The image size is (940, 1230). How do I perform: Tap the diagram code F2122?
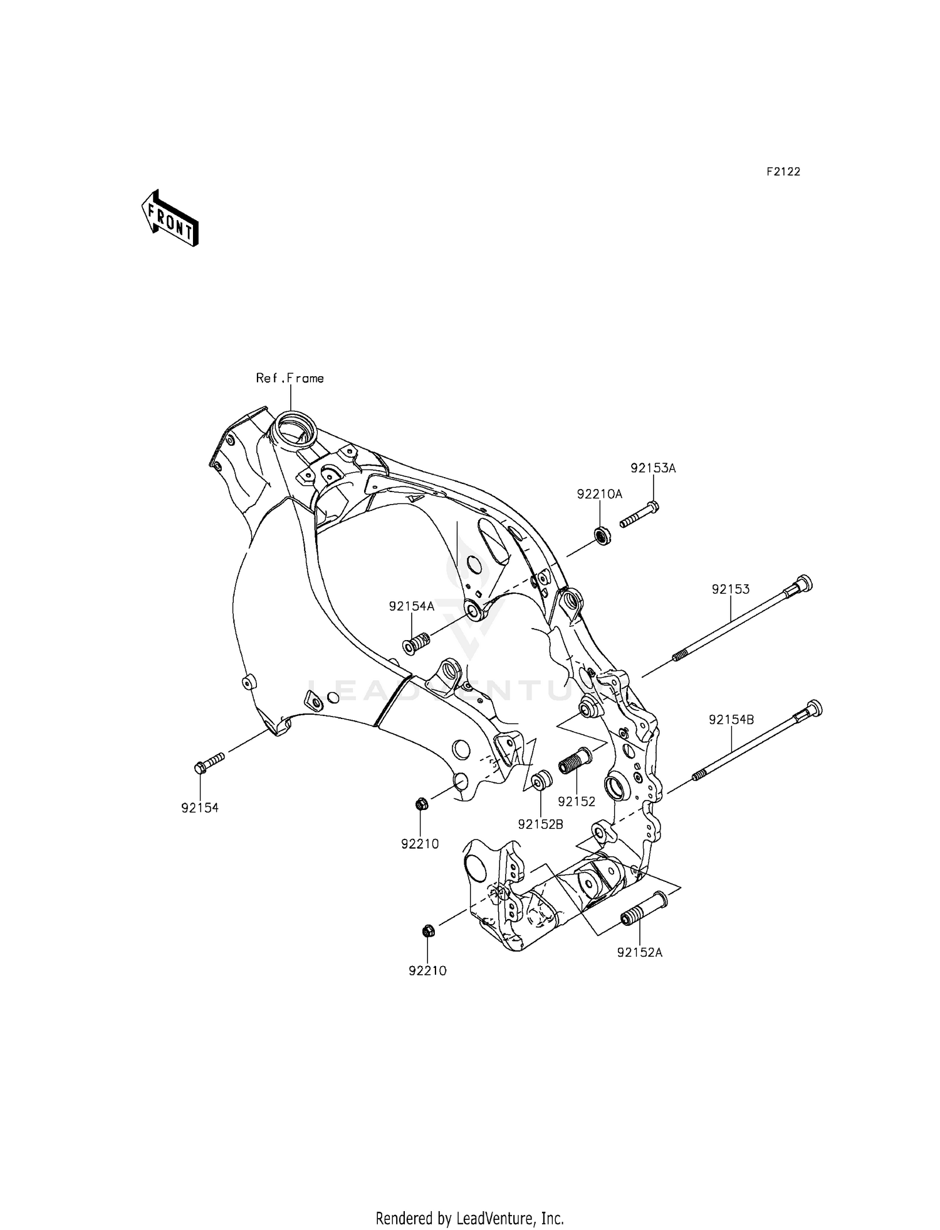[x=783, y=172]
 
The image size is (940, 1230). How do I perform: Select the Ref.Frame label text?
[x=290, y=378]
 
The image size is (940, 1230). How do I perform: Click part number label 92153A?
[x=653, y=468]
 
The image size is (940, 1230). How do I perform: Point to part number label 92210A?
[x=600, y=494]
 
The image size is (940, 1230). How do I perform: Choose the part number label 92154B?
[x=731, y=720]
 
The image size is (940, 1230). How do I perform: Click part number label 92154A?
[x=411, y=606]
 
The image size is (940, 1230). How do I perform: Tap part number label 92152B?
[x=540, y=824]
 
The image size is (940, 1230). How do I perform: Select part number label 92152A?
[x=639, y=952]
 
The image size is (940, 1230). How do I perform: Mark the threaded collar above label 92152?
[x=575, y=761]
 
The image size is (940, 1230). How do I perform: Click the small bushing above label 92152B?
[x=541, y=782]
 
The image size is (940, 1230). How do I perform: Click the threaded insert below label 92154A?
[x=415, y=643]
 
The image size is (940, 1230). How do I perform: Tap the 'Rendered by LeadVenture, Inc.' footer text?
[x=469, y=1201]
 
